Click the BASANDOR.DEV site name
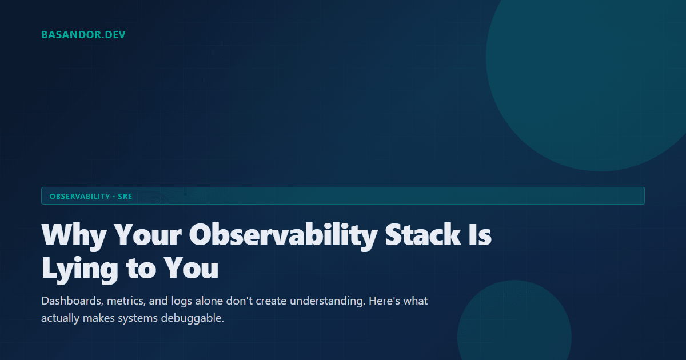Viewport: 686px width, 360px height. coord(83,35)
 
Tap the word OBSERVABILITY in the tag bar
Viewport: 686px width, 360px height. coord(79,196)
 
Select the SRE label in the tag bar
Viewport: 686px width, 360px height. coord(125,196)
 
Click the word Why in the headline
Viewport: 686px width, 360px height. coord(72,235)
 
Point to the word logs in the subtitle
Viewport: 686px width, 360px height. coord(182,301)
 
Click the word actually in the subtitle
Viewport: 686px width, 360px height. coord(59,318)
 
